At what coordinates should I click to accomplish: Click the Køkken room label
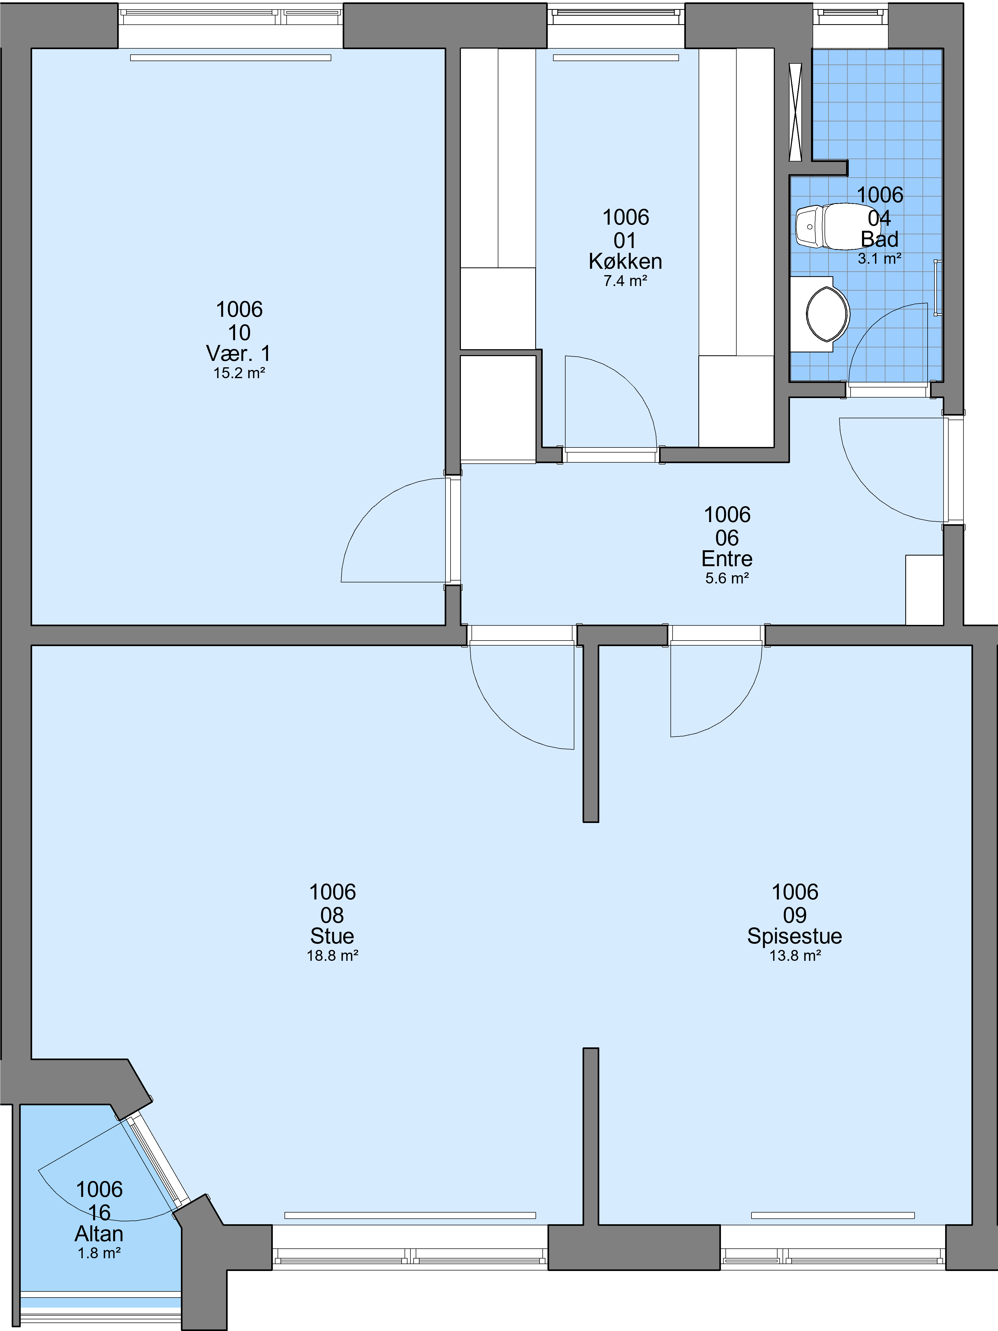click(x=625, y=261)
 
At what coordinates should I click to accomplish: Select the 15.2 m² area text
click(x=239, y=373)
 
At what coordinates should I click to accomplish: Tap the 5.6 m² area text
click(x=727, y=578)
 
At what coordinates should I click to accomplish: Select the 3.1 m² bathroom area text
click(x=880, y=259)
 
